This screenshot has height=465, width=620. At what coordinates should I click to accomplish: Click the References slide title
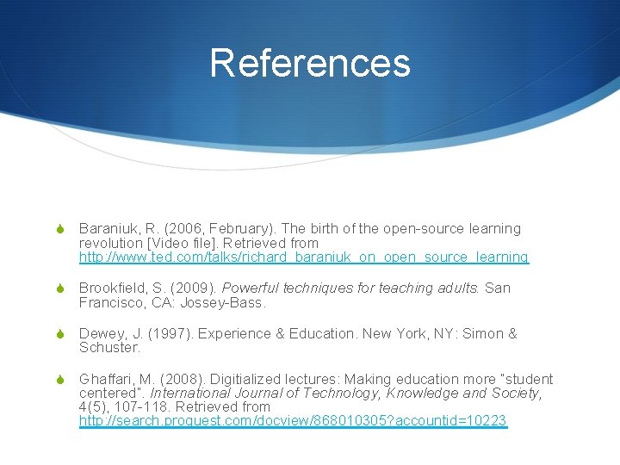(310, 63)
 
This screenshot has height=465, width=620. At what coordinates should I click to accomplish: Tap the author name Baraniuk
(110, 229)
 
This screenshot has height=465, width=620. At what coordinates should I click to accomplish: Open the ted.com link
(304, 257)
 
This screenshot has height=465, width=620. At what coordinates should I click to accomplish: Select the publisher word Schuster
(108, 348)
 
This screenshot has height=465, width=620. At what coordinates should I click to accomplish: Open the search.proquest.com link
(293, 421)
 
